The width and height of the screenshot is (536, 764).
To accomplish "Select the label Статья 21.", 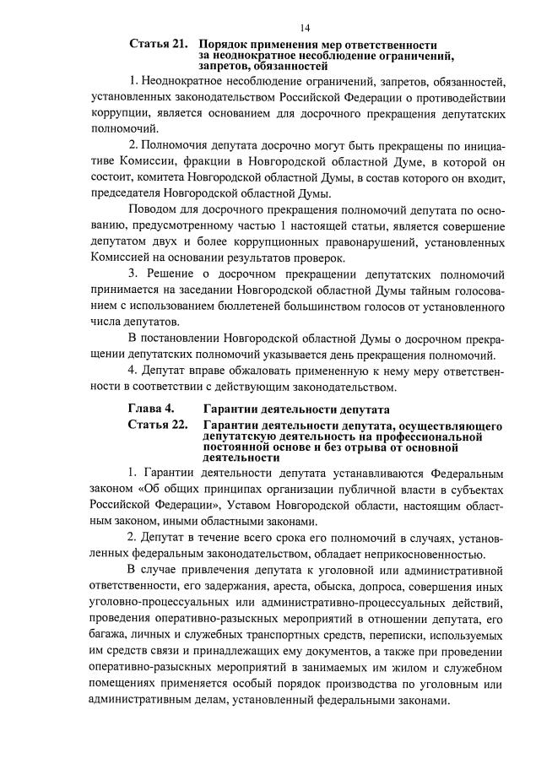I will (x=158, y=43).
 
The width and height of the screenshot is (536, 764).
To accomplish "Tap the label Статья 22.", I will (x=157, y=424).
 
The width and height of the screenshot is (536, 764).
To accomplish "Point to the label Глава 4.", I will (x=151, y=409).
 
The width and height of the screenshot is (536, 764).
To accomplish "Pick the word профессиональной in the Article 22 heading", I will (x=428, y=436).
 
